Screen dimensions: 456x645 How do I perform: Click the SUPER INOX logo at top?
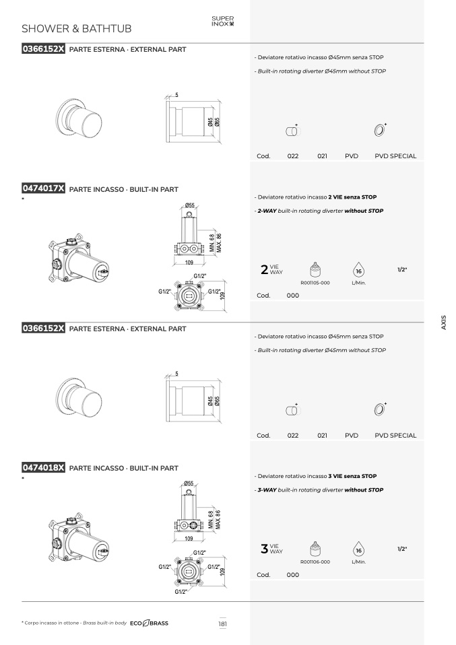coord(223,21)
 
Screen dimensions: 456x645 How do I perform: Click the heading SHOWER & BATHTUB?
coord(77,29)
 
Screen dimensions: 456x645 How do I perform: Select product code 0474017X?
coord(43,189)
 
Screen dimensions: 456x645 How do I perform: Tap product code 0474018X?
coord(43,467)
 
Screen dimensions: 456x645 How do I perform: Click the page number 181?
coord(222,623)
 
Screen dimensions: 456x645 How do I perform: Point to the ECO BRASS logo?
coord(149,623)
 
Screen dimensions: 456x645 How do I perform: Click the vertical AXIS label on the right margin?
coord(443,322)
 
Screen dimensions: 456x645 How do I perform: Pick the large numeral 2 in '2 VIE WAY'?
coord(264,269)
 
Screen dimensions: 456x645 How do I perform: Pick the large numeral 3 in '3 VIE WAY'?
coord(264,548)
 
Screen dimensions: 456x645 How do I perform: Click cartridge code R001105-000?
coord(315,283)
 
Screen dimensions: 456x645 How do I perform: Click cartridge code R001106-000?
coord(315,562)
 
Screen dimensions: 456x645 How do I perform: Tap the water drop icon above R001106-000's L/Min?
coord(358,549)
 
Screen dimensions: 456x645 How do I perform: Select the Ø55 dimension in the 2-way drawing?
coord(189,205)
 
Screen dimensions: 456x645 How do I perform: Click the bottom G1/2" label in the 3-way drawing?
coord(181,592)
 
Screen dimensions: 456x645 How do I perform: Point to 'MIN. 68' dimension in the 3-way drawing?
coord(211,520)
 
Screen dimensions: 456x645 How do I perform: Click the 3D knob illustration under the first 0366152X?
coord(79,119)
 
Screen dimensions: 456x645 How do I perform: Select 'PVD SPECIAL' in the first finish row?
coord(395,156)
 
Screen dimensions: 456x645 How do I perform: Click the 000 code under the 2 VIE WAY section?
coord(292,296)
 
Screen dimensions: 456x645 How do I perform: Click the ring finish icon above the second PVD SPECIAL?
coord(380,409)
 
